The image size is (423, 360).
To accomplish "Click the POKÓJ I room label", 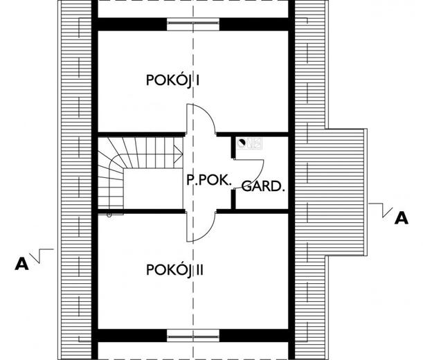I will point(173,80).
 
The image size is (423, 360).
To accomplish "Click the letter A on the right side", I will point(399,219).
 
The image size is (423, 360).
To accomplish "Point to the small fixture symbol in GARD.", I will point(243,144).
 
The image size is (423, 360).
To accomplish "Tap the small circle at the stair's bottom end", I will point(109,215).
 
